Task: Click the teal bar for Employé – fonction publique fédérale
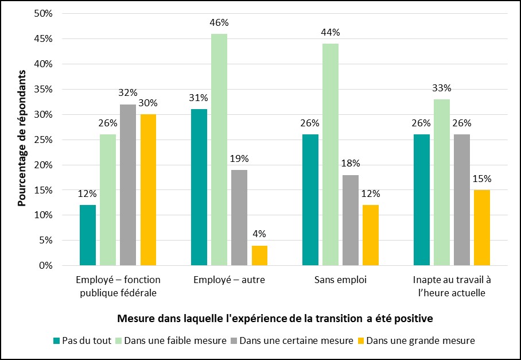(x=88, y=235)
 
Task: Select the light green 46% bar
(x=219, y=150)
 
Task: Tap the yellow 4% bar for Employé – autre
(x=259, y=256)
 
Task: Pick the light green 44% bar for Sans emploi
(x=331, y=155)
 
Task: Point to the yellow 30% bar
(x=148, y=190)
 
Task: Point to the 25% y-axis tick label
(x=43, y=140)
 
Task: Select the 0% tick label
(x=46, y=266)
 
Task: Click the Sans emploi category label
(x=340, y=280)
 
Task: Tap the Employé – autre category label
(x=229, y=280)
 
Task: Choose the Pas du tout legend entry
(x=85, y=340)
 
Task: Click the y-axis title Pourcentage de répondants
(x=22, y=138)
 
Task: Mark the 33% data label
(x=442, y=88)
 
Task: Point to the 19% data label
(x=239, y=159)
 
